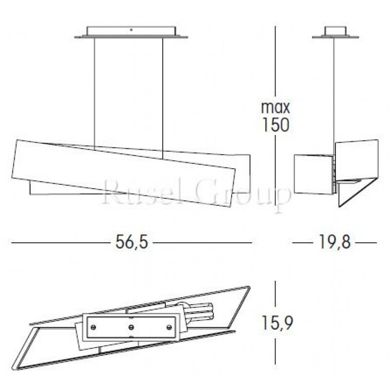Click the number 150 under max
275,125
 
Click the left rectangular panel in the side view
314,173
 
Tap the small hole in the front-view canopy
131,31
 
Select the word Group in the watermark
244,195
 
